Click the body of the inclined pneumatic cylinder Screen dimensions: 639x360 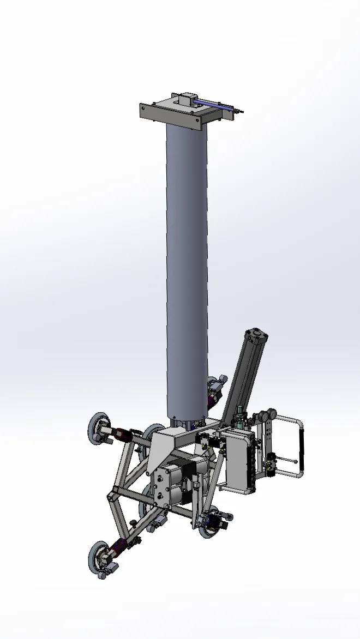click(x=247, y=376)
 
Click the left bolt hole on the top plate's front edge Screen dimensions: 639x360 click(x=145, y=108)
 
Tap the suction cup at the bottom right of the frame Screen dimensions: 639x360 click(x=209, y=523)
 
